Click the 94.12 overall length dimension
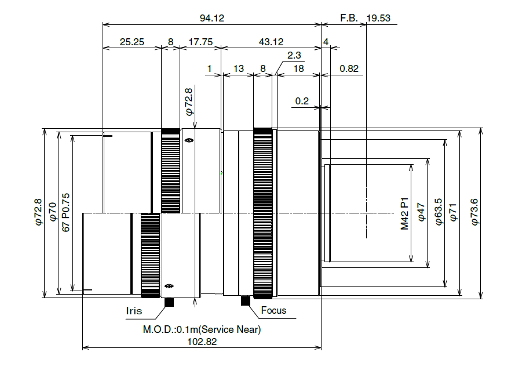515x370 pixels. coord(212,18)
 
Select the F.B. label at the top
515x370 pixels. coord(349,18)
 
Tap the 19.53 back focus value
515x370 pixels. coord(378,18)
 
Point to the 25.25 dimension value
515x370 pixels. coord(132,42)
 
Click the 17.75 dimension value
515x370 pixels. coord(200,42)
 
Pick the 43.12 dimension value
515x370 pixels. coord(271,42)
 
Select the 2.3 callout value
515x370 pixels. coord(294,55)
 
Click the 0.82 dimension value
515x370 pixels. coord(349,69)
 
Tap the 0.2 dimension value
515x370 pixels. coord(302,101)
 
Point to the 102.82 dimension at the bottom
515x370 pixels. coord(202,342)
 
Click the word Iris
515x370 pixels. coord(134,311)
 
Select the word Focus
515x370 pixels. coord(273,310)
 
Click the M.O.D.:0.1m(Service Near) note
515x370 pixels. coord(202,329)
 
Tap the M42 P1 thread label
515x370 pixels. coord(404,214)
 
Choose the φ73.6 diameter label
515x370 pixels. coord(474,212)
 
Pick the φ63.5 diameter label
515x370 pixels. coord(439,212)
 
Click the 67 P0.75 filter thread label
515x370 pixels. coord(65,212)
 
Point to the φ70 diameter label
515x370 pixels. coord(52,212)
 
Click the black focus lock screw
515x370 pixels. coord(246,300)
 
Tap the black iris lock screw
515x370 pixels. coord(169,302)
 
